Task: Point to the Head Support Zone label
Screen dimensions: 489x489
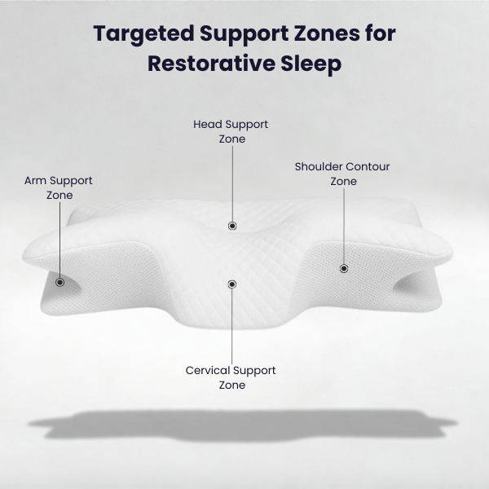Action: (x=231, y=131)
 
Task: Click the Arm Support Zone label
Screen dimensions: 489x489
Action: (x=59, y=187)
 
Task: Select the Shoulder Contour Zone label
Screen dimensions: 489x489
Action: (x=342, y=174)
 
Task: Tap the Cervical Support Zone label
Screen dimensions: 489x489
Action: (x=231, y=377)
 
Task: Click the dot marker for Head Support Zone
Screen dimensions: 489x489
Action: (x=232, y=226)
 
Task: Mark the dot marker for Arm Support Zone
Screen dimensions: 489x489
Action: (x=59, y=282)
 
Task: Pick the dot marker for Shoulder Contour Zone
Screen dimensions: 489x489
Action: (x=343, y=268)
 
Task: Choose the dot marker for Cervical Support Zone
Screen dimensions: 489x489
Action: (x=232, y=284)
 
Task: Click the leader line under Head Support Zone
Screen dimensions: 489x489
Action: (x=232, y=183)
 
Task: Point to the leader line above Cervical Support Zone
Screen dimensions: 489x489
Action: (x=232, y=326)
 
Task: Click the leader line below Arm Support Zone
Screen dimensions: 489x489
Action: (x=59, y=240)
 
